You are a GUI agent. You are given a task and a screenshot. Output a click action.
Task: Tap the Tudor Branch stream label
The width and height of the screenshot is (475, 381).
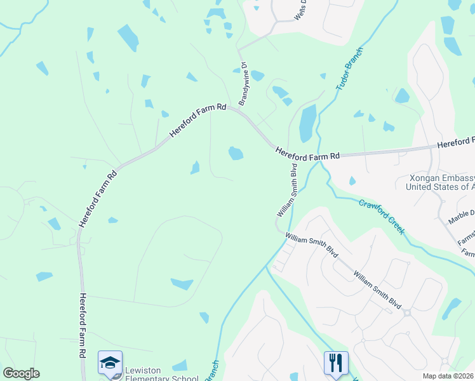coord(349,68)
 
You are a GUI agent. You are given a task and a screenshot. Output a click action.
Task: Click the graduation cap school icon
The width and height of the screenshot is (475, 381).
coord(110,363)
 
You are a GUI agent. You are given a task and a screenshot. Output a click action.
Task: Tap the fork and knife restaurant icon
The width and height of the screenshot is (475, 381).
coord(336,363)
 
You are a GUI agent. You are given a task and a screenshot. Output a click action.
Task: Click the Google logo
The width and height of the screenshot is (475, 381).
coord(21,373)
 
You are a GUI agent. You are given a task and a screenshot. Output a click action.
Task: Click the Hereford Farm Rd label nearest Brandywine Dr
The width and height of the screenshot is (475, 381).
coord(198,122)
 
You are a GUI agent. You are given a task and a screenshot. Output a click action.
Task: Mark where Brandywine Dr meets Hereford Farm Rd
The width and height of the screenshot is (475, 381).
coord(239,109)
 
